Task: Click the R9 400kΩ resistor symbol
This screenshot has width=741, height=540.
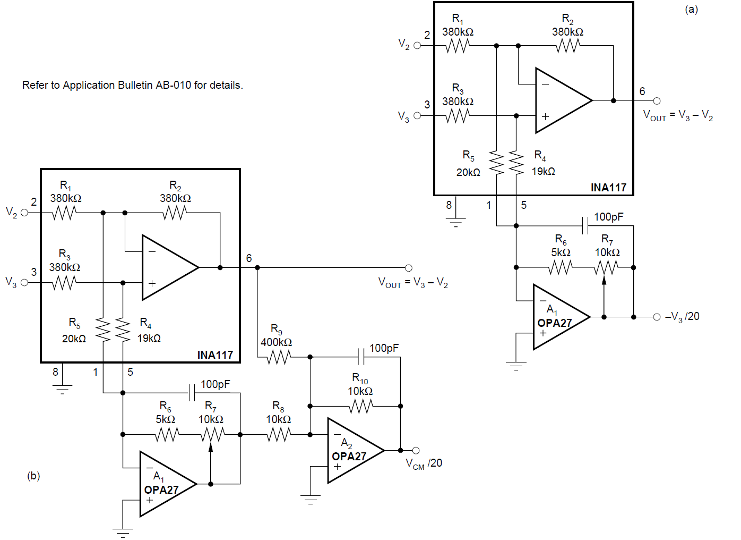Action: point(279,357)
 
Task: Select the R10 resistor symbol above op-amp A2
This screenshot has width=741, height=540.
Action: point(361,406)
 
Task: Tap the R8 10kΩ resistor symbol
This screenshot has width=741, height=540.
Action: point(279,435)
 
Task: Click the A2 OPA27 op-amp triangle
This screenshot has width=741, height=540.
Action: point(352,451)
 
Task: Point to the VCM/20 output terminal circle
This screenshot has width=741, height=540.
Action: point(416,450)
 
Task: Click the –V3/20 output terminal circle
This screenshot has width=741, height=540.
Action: point(657,317)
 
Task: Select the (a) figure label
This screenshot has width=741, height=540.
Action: point(691,9)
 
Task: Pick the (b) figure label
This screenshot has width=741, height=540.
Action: point(33,476)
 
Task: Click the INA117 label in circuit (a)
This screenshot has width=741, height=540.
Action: point(608,188)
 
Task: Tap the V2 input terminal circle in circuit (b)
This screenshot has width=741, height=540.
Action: point(24,213)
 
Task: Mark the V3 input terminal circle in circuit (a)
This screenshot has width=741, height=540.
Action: point(417,115)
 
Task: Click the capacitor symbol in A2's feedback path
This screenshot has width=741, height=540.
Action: point(361,357)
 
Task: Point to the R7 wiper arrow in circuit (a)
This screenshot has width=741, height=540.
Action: point(604,281)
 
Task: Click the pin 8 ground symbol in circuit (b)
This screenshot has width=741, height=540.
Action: point(62,389)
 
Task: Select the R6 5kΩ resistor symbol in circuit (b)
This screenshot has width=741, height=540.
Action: point(167,435)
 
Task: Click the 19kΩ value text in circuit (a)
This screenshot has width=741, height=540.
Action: point(544,171)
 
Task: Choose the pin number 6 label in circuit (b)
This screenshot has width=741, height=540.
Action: point(249,258)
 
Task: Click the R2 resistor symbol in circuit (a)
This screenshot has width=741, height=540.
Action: point(568,46)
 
